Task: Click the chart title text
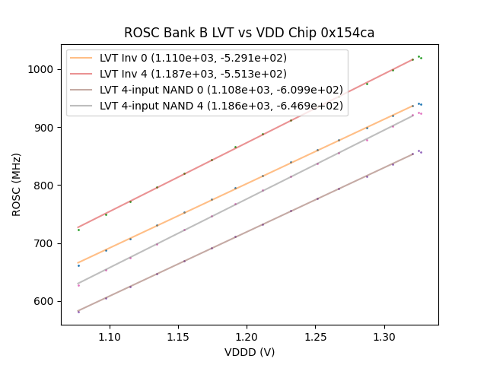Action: (x=250, y=33)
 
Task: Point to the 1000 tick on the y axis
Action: (x=43, y=69)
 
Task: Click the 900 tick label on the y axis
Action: (x=46, y=128)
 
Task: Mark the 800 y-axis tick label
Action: (x=46, y=186)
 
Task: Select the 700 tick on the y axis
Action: (x=46, y=243)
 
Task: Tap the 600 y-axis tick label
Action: (x=46, y=301)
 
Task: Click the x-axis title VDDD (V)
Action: (x=250, y=352)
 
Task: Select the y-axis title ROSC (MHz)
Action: (x=17, y=185)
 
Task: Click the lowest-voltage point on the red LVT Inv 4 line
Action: (x=78, y=230)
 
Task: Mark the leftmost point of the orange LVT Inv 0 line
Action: (x=78, y=265)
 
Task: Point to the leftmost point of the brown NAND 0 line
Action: (x=78, y=312)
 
